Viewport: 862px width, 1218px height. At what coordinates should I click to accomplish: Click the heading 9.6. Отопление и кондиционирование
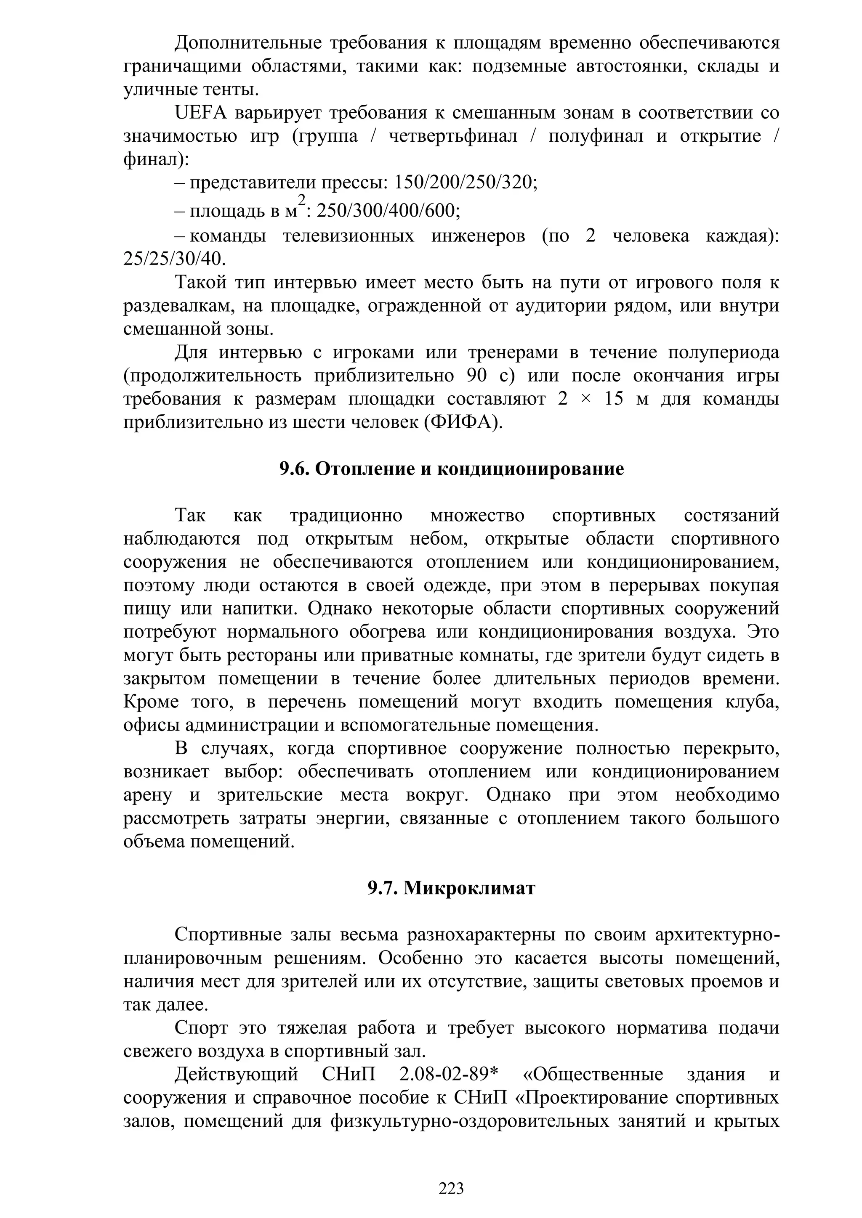[x=451, y=469]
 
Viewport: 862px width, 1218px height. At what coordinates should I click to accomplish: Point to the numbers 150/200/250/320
[x=466, y=183]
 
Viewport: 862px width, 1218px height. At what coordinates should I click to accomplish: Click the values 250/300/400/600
[x=388, y=211]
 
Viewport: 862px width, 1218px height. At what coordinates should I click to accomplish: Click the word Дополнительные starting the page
[x=247, y=43]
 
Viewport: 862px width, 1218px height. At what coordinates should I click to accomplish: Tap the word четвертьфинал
[x=453, y=137]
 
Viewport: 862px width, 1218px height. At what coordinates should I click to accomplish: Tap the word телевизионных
[x=348, y=236]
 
